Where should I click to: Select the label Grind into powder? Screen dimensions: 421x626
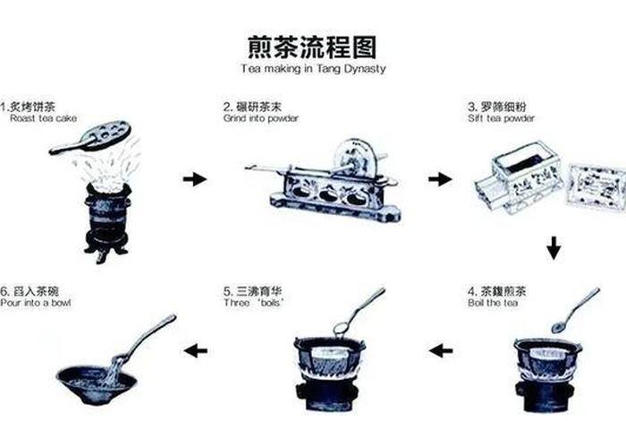coord(261,118)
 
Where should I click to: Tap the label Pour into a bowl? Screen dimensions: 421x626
coord(36,303)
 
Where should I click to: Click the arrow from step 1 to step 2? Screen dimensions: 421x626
coord(194,180)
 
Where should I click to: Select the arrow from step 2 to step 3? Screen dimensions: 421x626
coord(439,179)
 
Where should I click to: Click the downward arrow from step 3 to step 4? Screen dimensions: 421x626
coord(554,247)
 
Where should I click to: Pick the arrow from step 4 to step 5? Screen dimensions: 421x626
coord(441,350)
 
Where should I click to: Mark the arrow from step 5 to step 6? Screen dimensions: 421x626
coord(195,350)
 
